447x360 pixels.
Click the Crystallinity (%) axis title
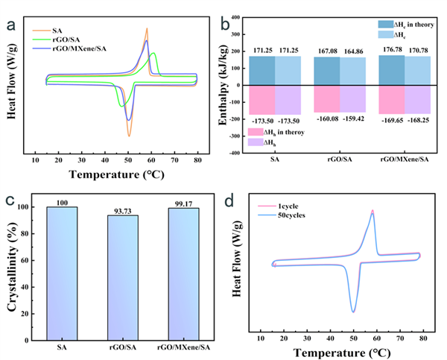tap(10, 265)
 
